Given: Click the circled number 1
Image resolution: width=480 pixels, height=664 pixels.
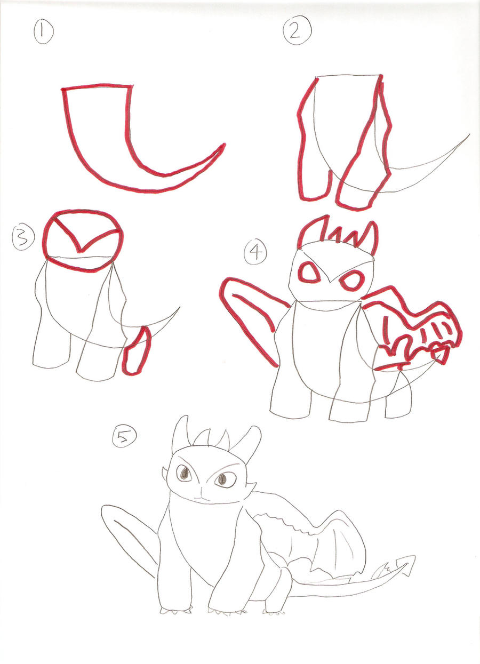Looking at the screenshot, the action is [43, 34].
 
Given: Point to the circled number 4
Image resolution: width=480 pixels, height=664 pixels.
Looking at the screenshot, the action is [255, 251].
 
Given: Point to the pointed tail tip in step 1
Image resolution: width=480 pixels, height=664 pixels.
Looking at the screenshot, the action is [223, 145].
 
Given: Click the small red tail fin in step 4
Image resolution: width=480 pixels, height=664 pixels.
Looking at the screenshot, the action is [439, 355].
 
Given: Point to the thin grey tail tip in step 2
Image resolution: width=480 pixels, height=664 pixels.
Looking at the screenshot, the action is [468, 136].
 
